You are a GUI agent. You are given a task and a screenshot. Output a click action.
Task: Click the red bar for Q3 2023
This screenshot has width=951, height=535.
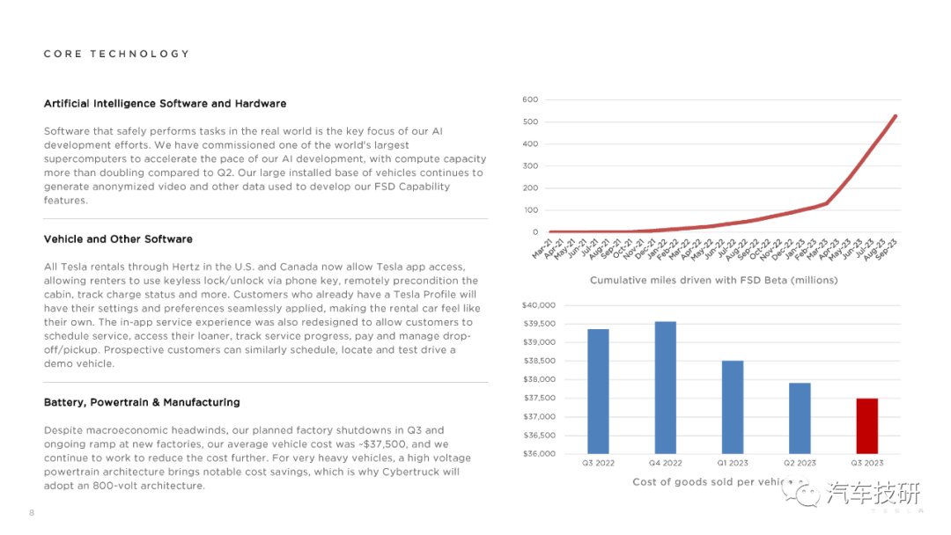[x=866, y=426]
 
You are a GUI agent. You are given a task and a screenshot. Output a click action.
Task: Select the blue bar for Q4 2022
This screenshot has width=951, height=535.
[x=666, y=388]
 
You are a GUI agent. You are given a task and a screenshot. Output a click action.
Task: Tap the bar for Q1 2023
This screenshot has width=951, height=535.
[x=733, y=407]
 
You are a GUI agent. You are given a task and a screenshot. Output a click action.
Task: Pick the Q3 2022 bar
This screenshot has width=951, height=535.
[x=598, y=392]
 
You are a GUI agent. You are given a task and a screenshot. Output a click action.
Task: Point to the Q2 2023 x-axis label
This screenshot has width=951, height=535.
[x=800, y=463]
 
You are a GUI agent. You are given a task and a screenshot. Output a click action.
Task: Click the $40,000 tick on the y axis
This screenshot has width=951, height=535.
[x=539, y=305]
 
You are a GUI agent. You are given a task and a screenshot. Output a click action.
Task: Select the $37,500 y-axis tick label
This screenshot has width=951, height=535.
[x=539, y=398]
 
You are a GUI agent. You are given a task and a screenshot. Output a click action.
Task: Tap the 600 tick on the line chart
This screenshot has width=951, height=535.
[x=530, y=99]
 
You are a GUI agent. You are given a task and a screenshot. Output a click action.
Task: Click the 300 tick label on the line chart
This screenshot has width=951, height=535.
[x=530, y=166]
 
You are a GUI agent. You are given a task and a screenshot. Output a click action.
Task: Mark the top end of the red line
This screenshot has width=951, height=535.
[x=896, y=116]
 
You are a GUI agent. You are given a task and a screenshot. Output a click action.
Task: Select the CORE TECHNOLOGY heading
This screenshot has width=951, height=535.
[x=116, y=54]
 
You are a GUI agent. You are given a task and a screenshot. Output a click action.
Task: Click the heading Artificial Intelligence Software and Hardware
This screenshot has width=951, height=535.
[x=165, y=104]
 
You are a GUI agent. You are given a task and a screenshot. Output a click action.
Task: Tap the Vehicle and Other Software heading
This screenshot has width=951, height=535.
[x=118, y=239]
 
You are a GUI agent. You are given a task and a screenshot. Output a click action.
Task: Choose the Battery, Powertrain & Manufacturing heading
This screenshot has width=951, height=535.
[x=142, y=402]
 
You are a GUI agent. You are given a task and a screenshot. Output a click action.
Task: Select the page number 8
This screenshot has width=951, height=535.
[x=32, y=513]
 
